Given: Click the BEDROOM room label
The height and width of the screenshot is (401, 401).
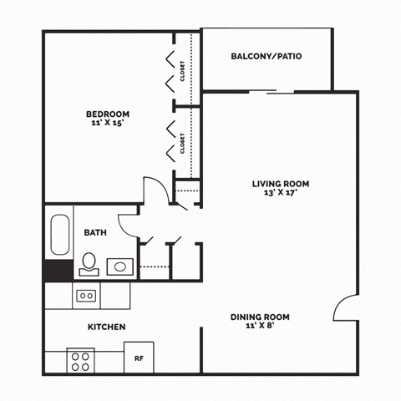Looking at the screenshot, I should [108, 114].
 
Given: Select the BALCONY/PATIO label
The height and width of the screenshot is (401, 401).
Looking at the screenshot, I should [266, 57].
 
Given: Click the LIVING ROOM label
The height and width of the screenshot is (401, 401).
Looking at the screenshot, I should [281, 184].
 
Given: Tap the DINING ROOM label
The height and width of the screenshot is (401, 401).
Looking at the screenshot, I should [260, 317].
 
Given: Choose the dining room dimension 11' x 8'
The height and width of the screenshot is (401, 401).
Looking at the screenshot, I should [260, 327].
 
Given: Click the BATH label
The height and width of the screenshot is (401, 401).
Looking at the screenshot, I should [94, 232].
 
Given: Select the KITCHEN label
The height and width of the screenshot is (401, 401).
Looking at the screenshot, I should [107, 327].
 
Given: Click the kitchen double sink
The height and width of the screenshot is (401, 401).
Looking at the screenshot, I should [85, 295].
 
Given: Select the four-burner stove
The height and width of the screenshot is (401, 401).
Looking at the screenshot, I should [80, 360].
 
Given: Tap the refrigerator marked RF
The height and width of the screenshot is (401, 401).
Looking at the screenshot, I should [139, 358].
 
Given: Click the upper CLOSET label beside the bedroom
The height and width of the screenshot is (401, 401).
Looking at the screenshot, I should [182, 73].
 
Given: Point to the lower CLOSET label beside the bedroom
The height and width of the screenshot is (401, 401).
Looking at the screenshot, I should [182, 145].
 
